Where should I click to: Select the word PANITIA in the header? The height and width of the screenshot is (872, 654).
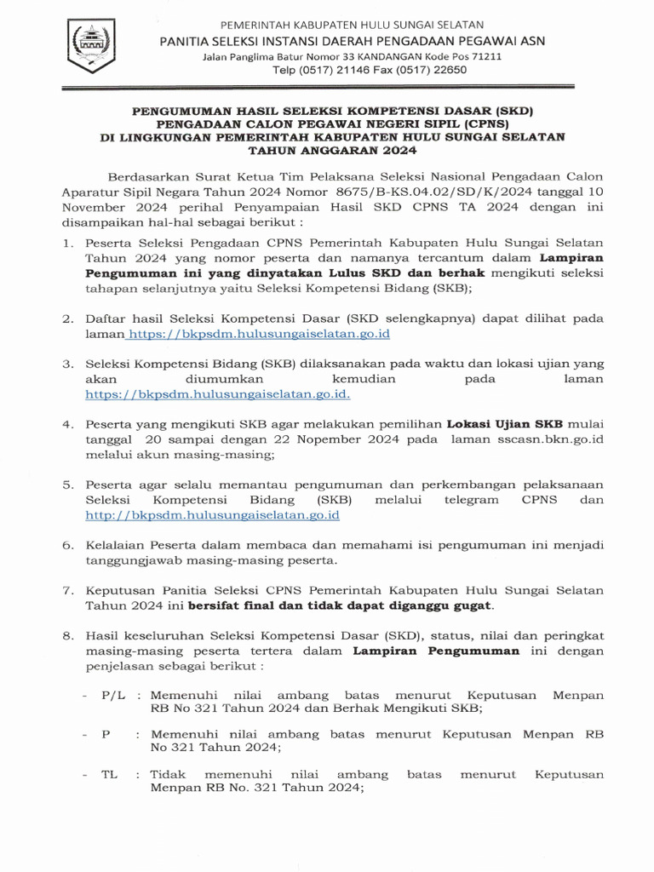187,41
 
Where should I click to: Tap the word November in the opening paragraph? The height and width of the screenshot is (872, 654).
94,207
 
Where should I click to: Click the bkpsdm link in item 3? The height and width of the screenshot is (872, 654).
218,394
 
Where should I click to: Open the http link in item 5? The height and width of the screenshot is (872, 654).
213,515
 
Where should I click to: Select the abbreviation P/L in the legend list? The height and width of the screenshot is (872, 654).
113,695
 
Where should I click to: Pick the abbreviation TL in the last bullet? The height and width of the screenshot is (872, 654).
110,774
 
